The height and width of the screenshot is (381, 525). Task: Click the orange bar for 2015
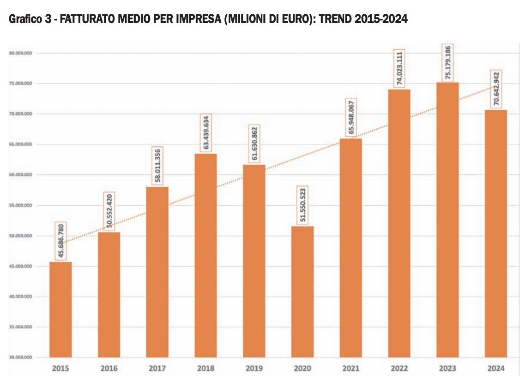[60, 309]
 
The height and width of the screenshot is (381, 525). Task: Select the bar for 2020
[302, 292]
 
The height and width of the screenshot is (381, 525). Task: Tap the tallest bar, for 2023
[447, 220]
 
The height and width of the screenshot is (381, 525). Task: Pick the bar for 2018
[205, 255]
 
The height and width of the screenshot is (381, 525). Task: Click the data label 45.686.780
[60, 241]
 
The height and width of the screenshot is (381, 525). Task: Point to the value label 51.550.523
[302, 206]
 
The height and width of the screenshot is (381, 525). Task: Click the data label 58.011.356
[157, 166]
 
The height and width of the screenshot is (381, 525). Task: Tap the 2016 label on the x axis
[109, 369]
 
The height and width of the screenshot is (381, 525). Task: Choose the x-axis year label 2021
[350, 369]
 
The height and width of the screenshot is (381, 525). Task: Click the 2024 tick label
[496, 369]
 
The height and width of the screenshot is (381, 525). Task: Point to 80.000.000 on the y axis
[20, 53]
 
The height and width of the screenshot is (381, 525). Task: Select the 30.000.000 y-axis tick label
[20, 357]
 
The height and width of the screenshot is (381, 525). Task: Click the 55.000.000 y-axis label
[20, 205]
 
